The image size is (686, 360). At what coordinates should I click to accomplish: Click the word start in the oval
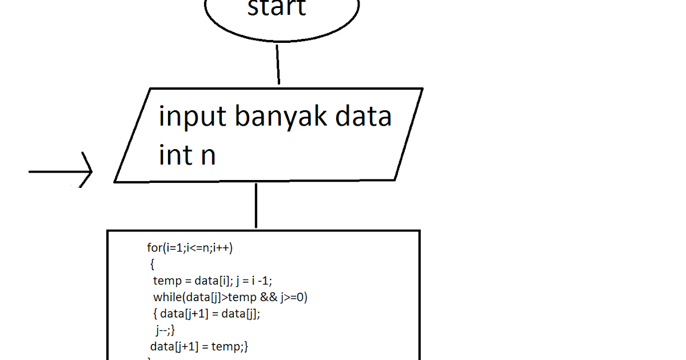[277, 8]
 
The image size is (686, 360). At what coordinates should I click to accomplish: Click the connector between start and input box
[278, 65]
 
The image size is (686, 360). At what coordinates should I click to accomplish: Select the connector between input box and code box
[256, 206]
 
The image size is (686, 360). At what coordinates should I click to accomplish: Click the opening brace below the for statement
[152, 264]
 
